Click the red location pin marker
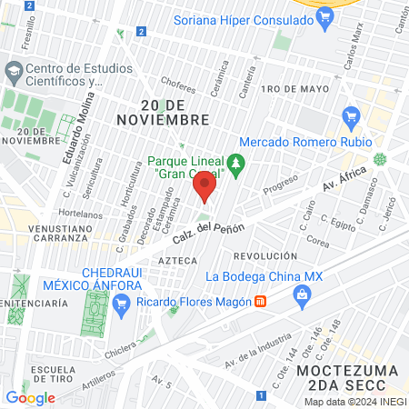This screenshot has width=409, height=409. point(204,188)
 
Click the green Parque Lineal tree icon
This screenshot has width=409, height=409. point(236,165)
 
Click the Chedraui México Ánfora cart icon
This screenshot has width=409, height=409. point(125,300)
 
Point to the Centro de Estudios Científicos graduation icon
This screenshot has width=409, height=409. point(14,71)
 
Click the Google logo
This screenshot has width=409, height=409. point(30,397)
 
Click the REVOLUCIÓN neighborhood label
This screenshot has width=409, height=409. point(265,257)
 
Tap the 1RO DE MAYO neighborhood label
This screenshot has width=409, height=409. point(293,89)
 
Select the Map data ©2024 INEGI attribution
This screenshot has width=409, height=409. point(354,401)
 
